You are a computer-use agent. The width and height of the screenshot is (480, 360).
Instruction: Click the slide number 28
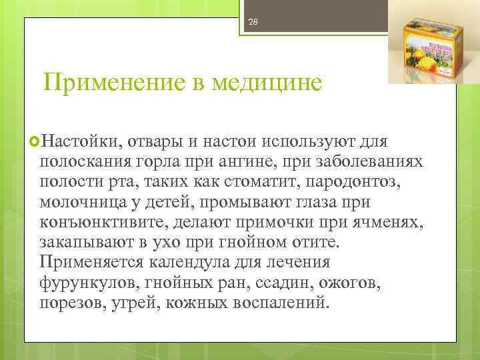(253, 22)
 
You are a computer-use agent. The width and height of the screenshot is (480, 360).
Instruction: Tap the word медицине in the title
(267, 83)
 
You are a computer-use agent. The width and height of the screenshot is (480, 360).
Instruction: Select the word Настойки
(79, 142)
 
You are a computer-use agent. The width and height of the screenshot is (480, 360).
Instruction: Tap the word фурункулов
(87, 282)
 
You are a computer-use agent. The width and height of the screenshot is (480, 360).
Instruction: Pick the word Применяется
(93, 262)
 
